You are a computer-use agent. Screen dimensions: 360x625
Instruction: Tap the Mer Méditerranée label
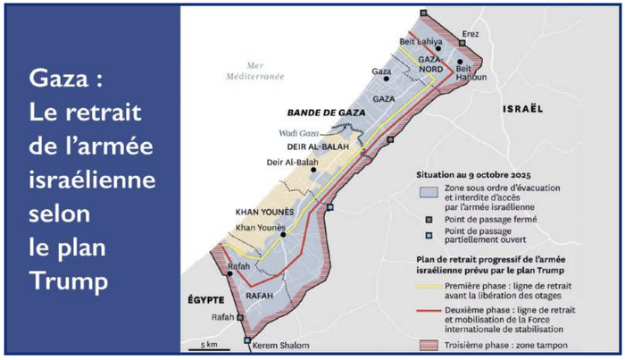pos(254,70)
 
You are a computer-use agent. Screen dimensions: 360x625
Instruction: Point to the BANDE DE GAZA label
pos(320,114)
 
